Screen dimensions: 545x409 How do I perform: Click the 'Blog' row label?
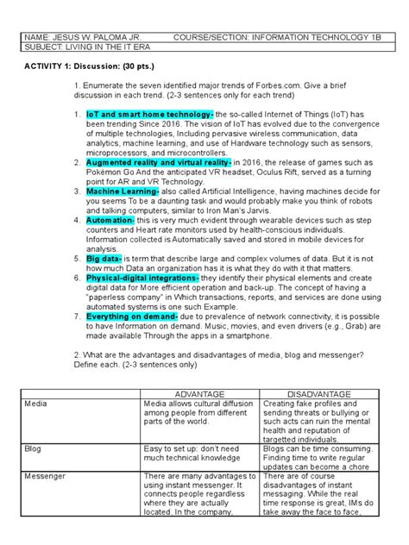click(x=34, y=449)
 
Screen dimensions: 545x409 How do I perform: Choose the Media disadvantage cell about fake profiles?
click(x=316, y=422)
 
